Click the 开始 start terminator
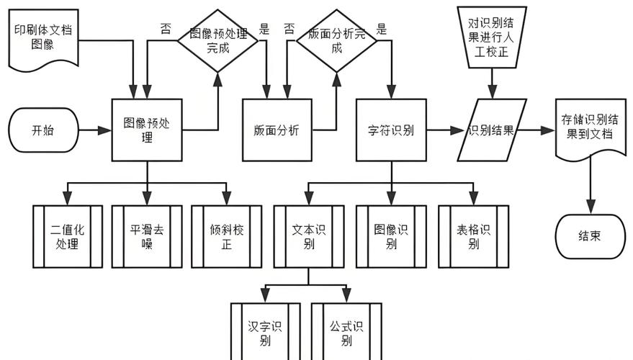tap(44, 130)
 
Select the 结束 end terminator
tap(591, 236)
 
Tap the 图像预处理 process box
tap(147, 130)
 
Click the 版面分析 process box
tap(277, 130)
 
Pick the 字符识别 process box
tap(391, 130)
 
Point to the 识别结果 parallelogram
tap(492, 130)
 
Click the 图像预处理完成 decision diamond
tap(218, 41)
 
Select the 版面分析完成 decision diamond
tap(337, 41)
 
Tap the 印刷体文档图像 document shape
tap(44, 40)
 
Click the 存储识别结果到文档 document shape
tap(591, 128)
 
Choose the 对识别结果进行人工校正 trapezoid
tap(492, 37)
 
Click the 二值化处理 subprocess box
tap(68, 236)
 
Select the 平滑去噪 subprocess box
tap(147, 236)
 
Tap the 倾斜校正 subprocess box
tap(226, 236)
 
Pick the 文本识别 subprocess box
tap(309, 236)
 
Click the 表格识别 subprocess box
tap(474, 236)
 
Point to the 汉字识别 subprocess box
tap(265, 332)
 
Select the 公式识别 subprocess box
tap(346, 332)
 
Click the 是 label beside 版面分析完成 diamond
tap(382, 29)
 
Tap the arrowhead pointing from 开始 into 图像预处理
tap(105, 130)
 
